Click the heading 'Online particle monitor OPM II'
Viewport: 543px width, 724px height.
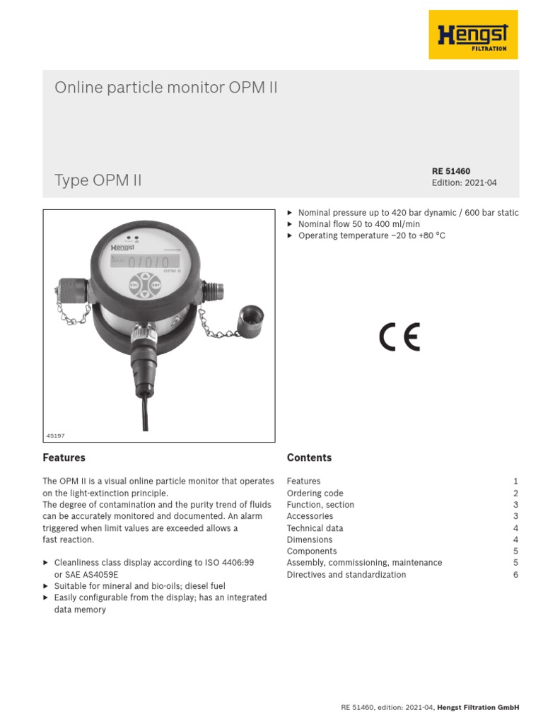[167, 88]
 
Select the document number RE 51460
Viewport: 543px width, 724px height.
[451, 171]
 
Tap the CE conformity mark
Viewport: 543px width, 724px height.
[399, 337]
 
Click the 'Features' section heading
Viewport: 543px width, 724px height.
[64, 457]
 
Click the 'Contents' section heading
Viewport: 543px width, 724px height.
[309, 457]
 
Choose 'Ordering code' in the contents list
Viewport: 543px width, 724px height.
[315, 493]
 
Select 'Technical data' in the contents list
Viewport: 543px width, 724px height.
[315, 528]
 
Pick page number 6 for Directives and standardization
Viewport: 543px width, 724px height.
[516, 575]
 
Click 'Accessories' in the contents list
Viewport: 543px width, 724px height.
[310, 516]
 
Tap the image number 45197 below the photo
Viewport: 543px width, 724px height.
[55, 436]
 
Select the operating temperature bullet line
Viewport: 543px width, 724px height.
[372, 235]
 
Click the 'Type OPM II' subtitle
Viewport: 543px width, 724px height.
[98, 180]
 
